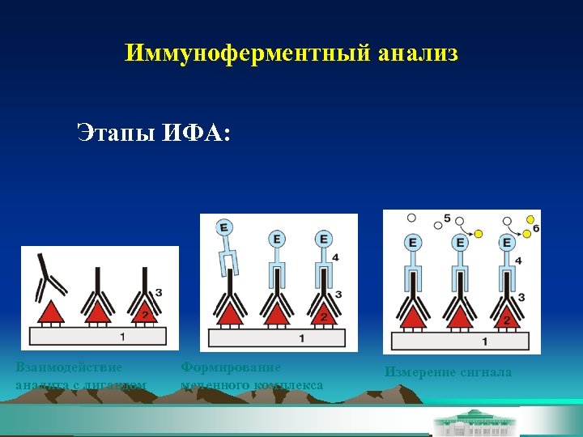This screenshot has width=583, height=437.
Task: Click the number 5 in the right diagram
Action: (448, 219)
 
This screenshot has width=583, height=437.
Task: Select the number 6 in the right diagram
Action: (535, 230)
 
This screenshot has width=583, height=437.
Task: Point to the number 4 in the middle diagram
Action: (335, 257)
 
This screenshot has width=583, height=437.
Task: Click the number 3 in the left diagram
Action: (158, 292)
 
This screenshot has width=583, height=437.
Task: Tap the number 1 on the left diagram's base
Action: (122, 336)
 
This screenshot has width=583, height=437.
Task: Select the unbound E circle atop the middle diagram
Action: (223, 227)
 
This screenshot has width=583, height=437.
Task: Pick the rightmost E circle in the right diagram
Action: (507, 242)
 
